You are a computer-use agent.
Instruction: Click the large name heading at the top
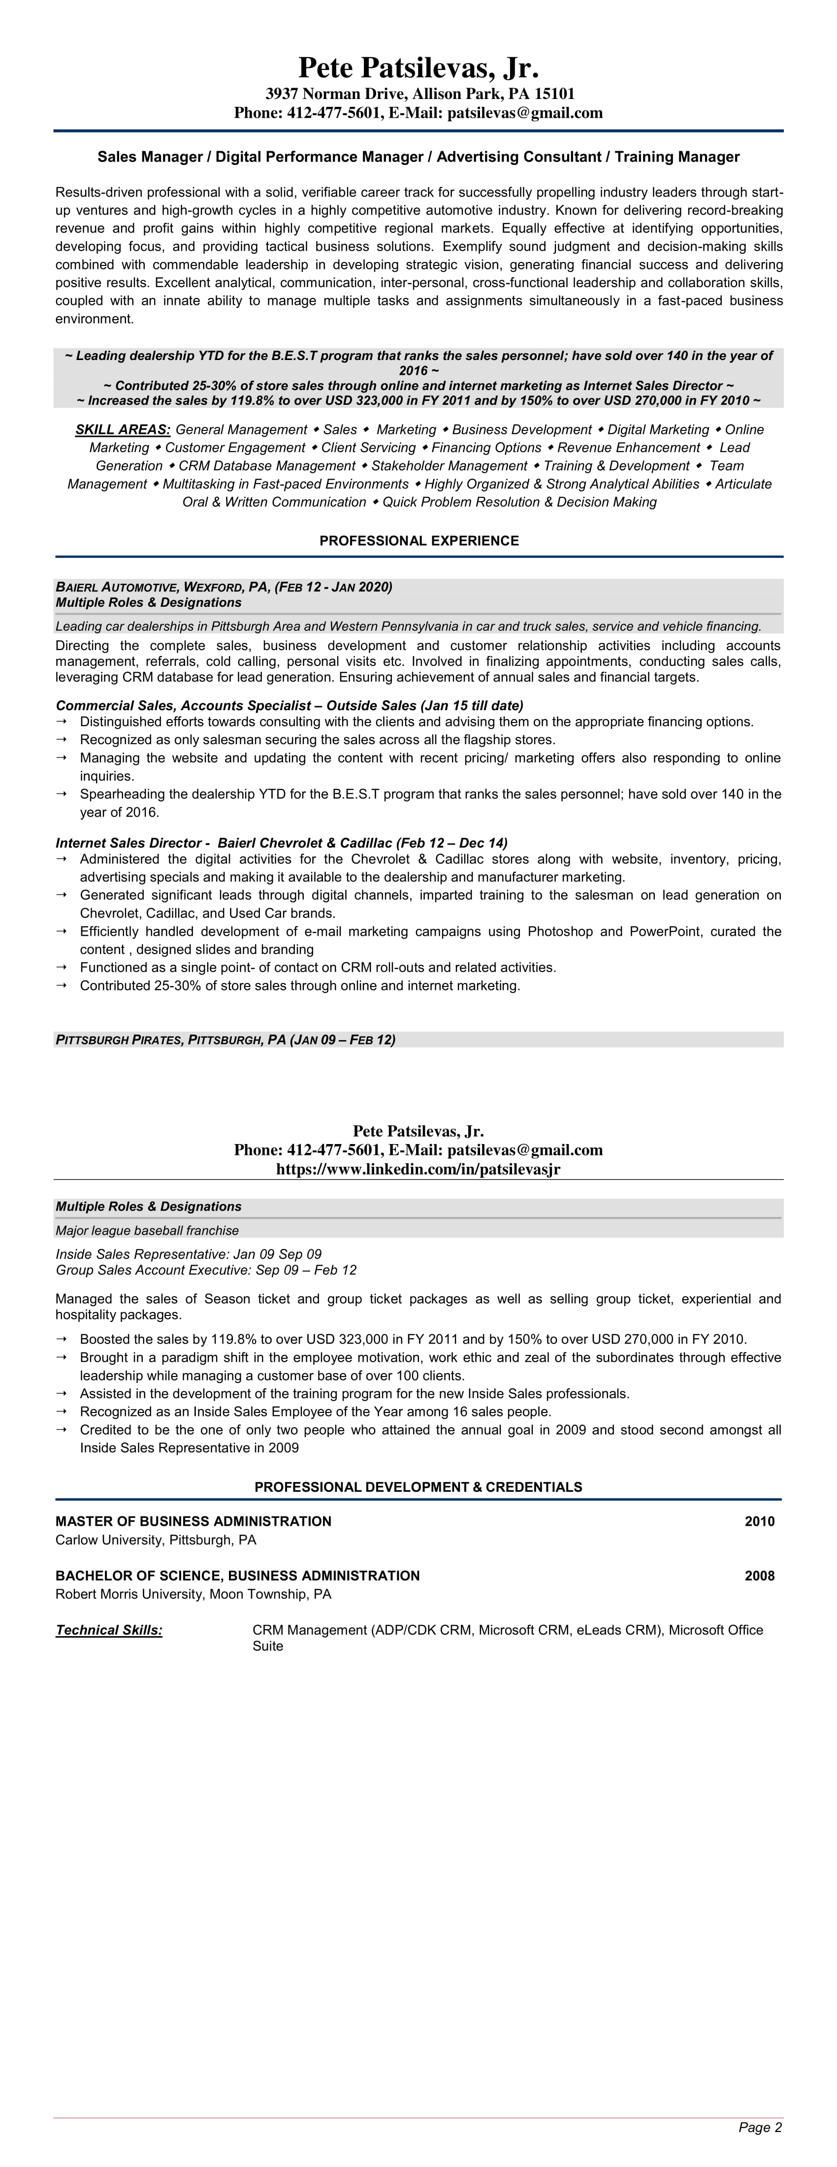[418, 67]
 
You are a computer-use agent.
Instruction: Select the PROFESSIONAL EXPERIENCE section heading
[419, 541]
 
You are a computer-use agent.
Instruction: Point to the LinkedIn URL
[418, 1169]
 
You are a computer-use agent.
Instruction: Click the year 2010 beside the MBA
[759, 1521]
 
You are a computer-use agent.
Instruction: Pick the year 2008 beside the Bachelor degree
[759, 1576]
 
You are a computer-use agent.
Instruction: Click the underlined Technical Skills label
[109, 1630]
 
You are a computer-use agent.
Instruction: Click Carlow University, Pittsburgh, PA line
[156, 1540]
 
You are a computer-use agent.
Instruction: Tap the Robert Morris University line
[193, 1594]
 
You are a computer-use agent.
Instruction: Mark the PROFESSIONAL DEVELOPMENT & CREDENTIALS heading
[418, 1487]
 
